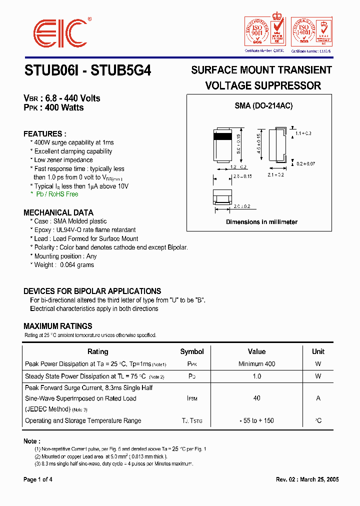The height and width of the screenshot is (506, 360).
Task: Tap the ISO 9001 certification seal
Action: pos(256,32)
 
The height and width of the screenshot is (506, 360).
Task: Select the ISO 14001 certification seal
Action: pos(303,32)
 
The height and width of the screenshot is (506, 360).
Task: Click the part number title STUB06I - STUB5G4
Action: pos(87,71)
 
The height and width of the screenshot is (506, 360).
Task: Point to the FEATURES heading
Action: pos(45,133)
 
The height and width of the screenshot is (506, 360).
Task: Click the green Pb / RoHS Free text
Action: pos(56,194)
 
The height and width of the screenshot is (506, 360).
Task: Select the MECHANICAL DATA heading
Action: pos(58,212)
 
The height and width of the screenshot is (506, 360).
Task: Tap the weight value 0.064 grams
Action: pos(77,265)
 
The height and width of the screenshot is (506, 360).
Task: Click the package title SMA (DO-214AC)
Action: pos(263,106)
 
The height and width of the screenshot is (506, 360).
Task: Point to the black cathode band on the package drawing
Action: pos(222,136)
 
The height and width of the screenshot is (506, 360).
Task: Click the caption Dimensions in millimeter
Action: pos(261,222)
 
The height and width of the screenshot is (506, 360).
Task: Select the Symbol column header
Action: pos(192,351)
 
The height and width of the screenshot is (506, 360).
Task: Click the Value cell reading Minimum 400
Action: pos(256,364)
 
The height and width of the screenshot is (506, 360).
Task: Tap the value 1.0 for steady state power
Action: pos(256,376)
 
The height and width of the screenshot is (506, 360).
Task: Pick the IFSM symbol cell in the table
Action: pos(192,398)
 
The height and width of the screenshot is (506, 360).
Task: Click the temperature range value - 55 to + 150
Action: pos(256,420)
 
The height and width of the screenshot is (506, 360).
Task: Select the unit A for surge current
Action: pos(318,398)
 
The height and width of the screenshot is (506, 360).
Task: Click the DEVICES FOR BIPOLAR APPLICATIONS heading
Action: pos(92,291)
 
